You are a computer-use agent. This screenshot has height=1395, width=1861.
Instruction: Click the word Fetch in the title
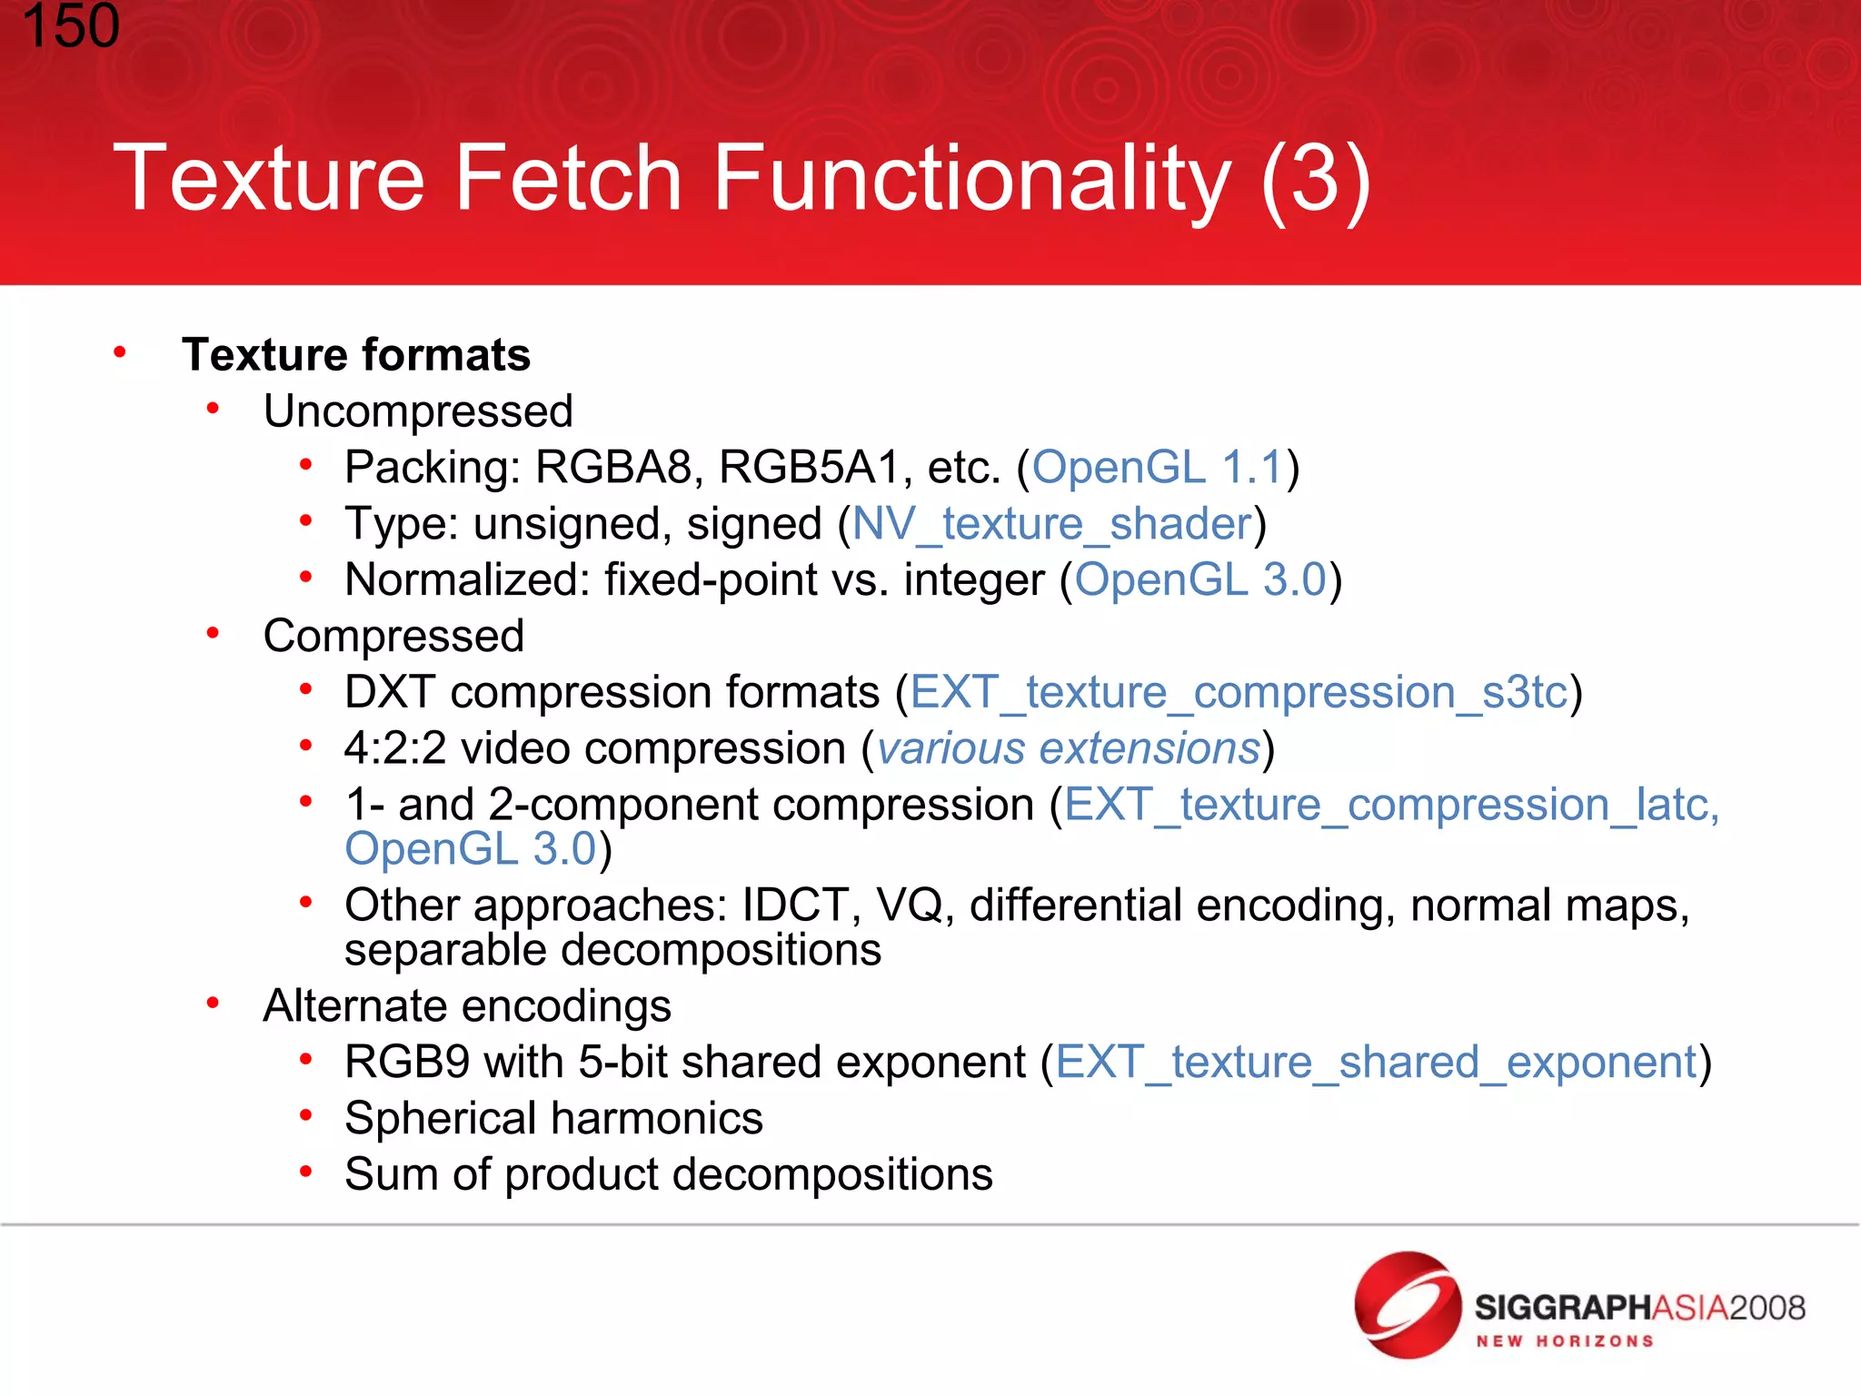(568, 178)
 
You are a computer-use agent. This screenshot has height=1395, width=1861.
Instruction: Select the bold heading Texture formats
(356, 355)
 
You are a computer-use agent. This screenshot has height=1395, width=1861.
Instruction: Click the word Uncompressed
(418, 411)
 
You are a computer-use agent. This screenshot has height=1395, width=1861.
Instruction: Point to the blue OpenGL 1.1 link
(1157, 468)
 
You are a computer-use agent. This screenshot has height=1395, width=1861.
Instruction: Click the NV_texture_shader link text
(1052, 524)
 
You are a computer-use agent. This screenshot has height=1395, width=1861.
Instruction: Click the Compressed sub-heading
(393, 636)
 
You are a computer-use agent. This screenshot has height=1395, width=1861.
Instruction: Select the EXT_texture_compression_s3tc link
(1239, 693)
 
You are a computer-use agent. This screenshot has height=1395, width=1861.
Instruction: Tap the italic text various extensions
(1069, 749)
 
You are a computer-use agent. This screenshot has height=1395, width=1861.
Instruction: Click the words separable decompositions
(612, 951)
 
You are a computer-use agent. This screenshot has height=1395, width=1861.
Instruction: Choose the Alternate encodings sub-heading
(467, 1006)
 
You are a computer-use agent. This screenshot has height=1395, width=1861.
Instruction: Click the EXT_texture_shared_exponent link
(1376, 1063)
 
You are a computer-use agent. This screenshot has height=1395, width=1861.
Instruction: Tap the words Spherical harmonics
(553, 1119)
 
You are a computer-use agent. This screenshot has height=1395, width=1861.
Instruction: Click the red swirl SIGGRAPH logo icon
(1408, 1305)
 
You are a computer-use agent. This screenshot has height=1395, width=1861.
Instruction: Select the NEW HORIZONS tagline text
(1564, 1341)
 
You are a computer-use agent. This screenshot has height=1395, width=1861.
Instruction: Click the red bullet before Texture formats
(120, 352)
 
